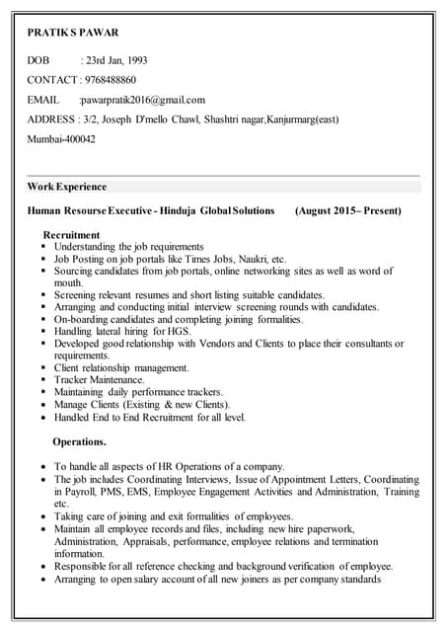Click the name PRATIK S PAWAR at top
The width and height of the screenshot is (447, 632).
(x=72, y=33)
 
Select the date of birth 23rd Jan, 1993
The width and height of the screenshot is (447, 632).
(x=117, y=60)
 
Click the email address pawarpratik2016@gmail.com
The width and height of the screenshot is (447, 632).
(x=144, y=100)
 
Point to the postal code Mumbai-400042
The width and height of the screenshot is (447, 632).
(x=61, y=139)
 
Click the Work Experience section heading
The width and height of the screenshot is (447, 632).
(x=67, y=186)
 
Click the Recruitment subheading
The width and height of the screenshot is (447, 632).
(x=71, y=235)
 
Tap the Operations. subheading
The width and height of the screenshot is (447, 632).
(x=79, y=441)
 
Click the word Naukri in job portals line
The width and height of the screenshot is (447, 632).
(x=255, y=259)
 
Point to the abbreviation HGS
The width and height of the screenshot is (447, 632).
(x=179, y=332)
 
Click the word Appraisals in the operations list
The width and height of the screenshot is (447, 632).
(x=167, y=542)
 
